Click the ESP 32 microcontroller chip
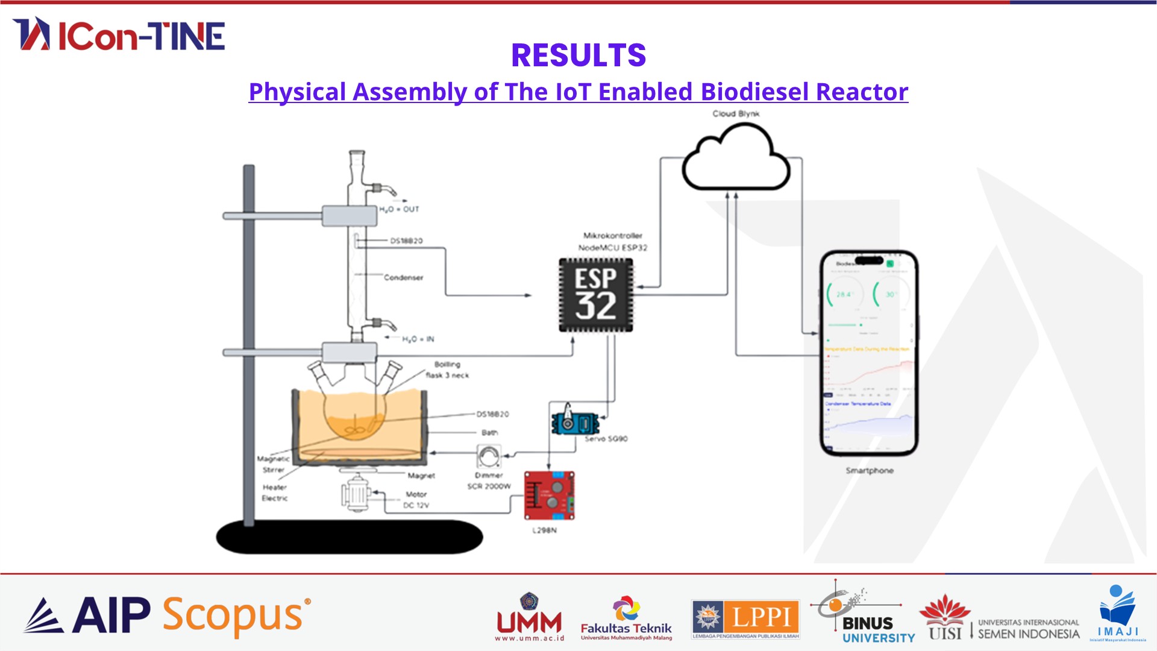coord(596,295)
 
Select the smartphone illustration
coord(869,353)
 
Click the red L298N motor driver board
coord(549,495)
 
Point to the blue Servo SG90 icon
coord(574,421)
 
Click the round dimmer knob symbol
coord(489,456)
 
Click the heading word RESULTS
coord(578,55)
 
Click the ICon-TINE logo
coord(119,34)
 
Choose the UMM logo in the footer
coord(530,618)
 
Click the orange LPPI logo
coord(745,618)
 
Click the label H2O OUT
coord(399,209)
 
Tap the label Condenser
coord(403,278)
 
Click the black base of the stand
coord(350,536)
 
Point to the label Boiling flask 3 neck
coord(447,370)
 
